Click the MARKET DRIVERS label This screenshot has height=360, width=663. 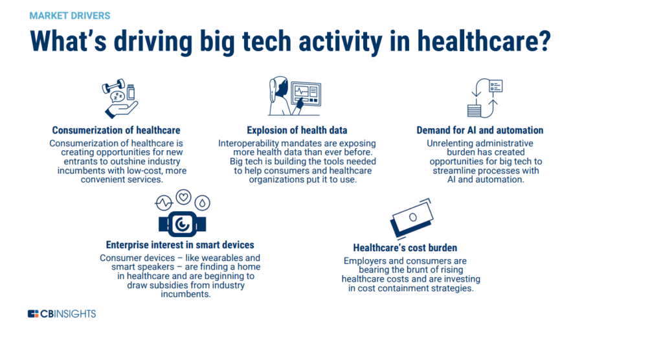click(70, 16)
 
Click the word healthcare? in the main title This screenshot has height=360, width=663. click(484, 41)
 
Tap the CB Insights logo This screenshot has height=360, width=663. click(62, 314)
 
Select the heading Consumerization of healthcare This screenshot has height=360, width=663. click(117, 130)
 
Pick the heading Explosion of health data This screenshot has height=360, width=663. click(297, 130)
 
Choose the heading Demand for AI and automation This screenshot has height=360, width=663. click(480, 130)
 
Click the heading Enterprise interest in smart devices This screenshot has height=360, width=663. click(180, 245)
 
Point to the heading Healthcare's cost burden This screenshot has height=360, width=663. click(405, 248)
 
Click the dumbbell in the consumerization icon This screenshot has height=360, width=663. click(113, 86)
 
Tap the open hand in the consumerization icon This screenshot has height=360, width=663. click(121, 110)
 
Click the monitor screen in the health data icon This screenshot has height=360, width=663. click(306, 93)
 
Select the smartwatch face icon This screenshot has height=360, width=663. click(182, 224)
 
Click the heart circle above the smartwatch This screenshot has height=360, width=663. click(183, 197)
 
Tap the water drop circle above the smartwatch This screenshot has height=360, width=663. click(203, 203)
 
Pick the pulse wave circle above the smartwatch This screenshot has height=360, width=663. click(164, 203)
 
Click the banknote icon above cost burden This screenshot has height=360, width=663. click(412, 218)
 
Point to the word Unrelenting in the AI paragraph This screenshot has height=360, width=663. click(448, 143)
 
